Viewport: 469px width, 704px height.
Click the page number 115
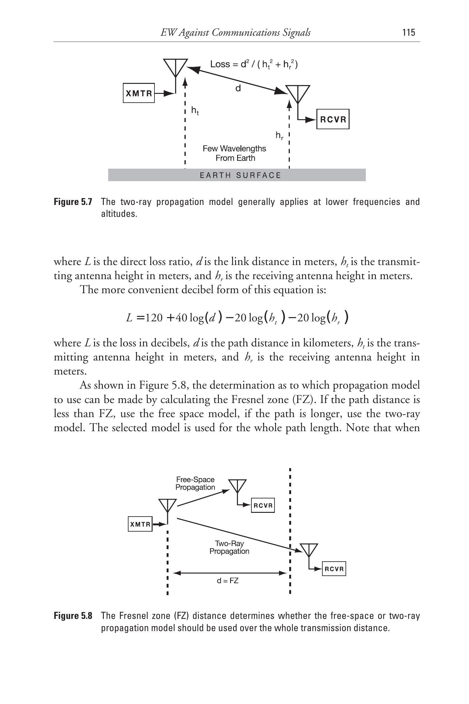[409, 33]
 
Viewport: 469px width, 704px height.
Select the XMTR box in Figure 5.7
[139, 93]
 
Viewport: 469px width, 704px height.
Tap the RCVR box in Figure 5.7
[333, 119]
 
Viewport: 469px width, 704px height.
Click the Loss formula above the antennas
[254, 64]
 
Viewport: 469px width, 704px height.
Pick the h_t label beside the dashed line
[195, 110]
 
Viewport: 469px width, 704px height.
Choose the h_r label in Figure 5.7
[280, 135]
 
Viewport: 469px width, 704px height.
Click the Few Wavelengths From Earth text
[234, 153]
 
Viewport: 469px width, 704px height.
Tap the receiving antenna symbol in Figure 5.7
[298, 93]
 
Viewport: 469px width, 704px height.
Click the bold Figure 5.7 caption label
[73, 202]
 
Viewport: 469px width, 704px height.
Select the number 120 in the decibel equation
[155, 318]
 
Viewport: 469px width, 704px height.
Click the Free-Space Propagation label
[195, 483]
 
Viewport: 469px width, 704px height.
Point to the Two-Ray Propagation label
[229, 547]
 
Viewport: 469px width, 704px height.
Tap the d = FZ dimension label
[228, 581]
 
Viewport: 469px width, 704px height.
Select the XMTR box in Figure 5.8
[140, 524]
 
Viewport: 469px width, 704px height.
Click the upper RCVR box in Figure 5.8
[263, 505]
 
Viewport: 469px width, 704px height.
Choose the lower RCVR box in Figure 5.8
[334, 569]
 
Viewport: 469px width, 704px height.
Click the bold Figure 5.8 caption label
[73, 616]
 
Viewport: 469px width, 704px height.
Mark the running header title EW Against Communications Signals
[235, 33]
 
